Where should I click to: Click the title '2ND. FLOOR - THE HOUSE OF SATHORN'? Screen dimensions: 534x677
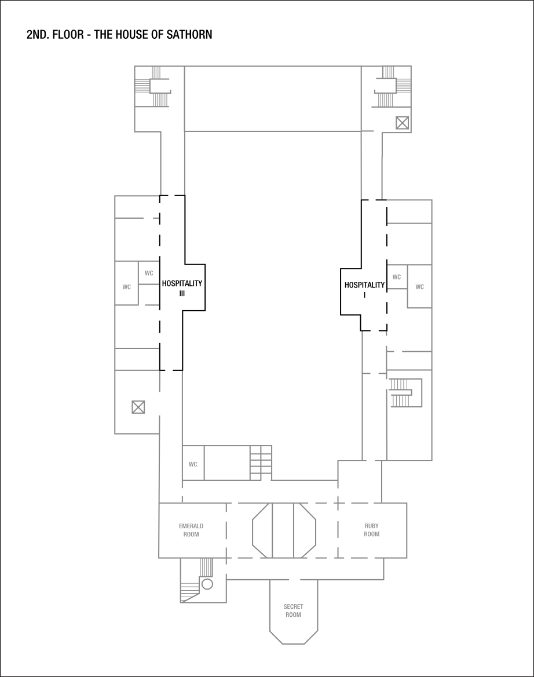pyautogui.click(x=119, y=35)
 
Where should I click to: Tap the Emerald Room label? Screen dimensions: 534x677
pyautogui.click(x=191, y=530)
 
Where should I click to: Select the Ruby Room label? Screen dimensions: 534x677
pyautogui.click(x=372, y=530)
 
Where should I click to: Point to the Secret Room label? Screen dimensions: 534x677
pyautogui.click(x=294, y=611)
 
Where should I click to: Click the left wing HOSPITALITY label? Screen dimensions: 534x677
pyautogui.click(x=182, y=284)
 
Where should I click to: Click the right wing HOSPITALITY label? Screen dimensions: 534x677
pyautogui.click(x=364, y=285)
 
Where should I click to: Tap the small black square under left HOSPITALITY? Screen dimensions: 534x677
pyautogui.click(x=182, y=293)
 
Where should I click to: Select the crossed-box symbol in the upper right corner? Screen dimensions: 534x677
pyautogui.click(x=402, y=122)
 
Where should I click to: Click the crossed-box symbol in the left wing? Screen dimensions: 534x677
pyautogui.click(x=138, y=407)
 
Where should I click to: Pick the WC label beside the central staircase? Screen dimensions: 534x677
pyautogui.click(x=193, y=464)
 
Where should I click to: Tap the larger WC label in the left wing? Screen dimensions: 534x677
pyautogui.click(x=127, y=286)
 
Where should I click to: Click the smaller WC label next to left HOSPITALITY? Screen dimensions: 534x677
pyautogui.click(x=149, y=273)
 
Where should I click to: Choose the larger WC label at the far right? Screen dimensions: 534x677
pyautogui.click(x=420, y=286)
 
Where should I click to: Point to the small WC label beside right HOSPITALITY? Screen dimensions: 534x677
pyautogui.click(x=397, y=277)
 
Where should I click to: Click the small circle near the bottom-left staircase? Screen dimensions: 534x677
pyautogui.click(x=207, y=583)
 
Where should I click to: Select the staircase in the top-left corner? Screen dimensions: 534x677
pyautogui.click(x=154, y=87)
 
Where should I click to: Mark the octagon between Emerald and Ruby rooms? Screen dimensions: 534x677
pyautogui.click(x=284, y=531)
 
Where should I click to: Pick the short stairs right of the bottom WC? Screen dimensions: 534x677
pyautogui.click(x=261, y=462)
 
